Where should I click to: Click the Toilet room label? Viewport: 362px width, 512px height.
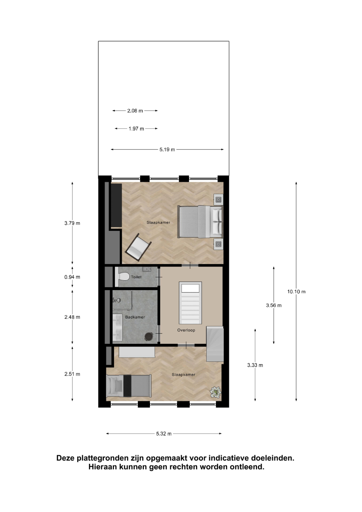click(136, 277)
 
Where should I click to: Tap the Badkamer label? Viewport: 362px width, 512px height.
click(135, 317)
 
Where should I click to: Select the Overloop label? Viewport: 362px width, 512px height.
click(186, 330)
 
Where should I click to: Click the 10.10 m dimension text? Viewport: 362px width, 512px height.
click(296, 292)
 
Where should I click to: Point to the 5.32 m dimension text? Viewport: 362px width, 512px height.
click(164, 433)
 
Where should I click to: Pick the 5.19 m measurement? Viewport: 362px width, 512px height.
click(167, 149)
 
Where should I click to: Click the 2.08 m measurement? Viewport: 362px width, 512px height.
click(135, 111)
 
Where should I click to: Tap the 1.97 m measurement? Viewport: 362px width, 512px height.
click(136, 129)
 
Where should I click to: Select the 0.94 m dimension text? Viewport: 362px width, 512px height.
click(72, 277)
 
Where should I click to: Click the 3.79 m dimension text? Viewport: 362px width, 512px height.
click(72, 223)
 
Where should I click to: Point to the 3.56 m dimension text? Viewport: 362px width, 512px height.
click(274, 305)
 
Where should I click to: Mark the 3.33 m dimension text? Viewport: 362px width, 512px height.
click(255, 365)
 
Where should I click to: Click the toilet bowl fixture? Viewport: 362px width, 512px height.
click(122, 277)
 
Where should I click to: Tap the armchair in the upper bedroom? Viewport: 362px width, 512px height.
click(138, 247)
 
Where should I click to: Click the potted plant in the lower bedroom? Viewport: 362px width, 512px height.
click(216, 392)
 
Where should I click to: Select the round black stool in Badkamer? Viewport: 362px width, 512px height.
click(149, 336)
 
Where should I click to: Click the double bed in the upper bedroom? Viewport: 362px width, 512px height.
click(200, 222)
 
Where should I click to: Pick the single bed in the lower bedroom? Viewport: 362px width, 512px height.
click(129, 386)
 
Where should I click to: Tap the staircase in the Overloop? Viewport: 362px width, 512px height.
click(190, 303)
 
